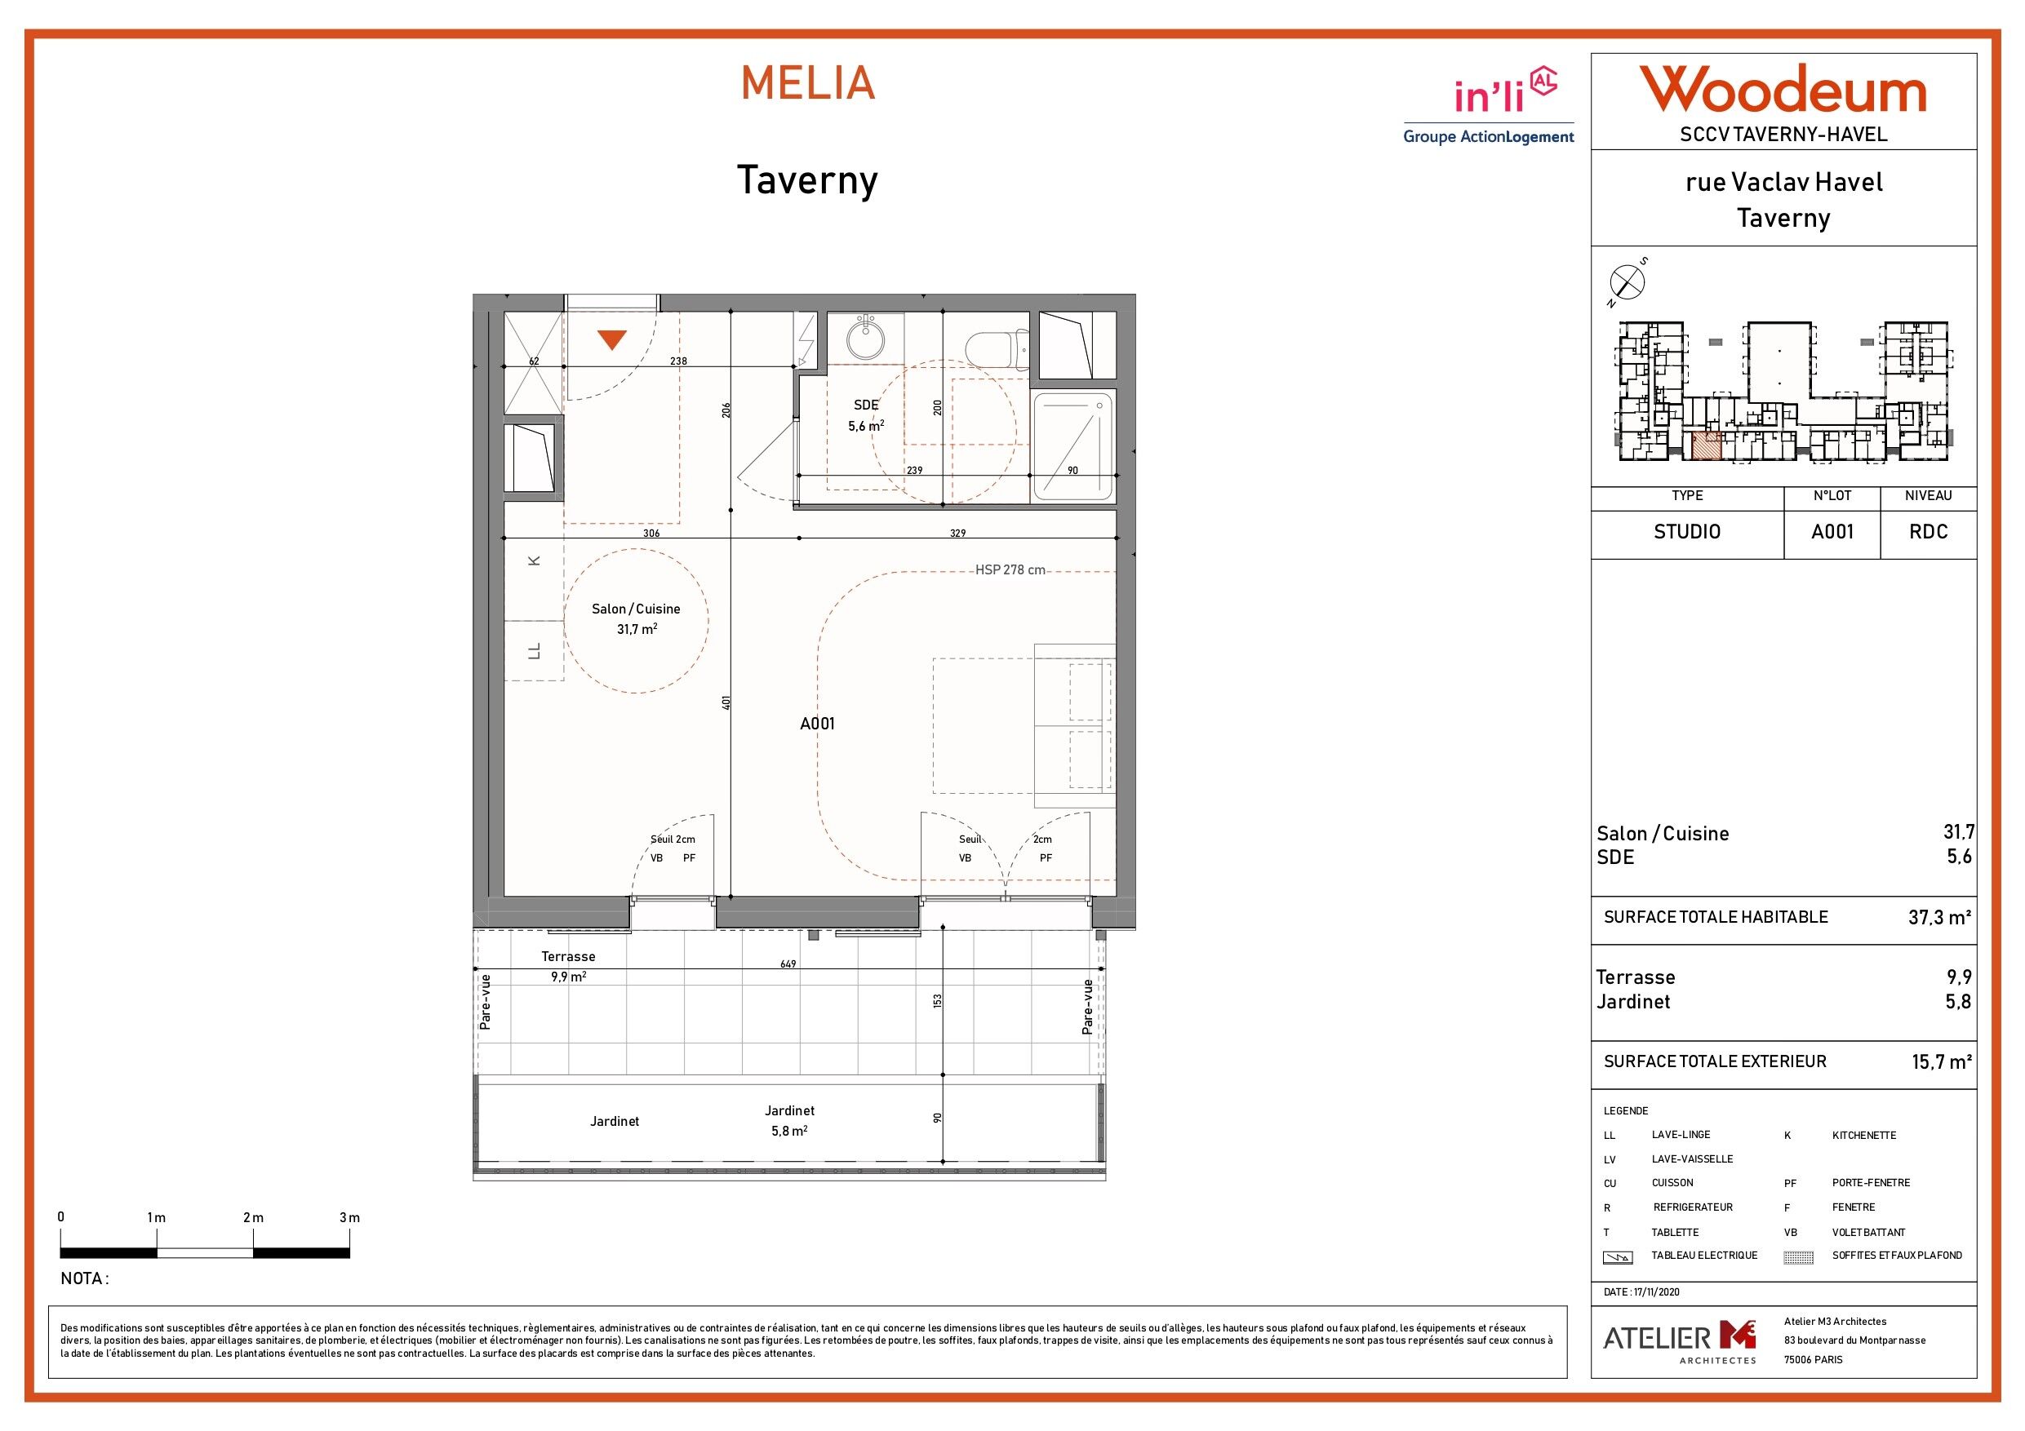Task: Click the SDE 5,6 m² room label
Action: tap(866, 415)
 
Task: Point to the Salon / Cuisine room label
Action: tap(636, 619)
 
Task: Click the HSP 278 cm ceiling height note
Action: tap(1010, 570)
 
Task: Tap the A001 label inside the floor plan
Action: tap(817, 724)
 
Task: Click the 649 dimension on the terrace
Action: tap(788, 964)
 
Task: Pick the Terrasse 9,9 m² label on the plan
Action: tap(568, 966)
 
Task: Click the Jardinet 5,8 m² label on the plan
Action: tap(789, 1121)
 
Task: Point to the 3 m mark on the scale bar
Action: tap(349, 1217)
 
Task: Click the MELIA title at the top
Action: tap(808, 83)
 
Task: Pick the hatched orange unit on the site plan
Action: tap(1707, 446)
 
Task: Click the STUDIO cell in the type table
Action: tap(1687, 533)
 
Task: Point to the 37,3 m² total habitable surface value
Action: tap(1940, 917)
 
